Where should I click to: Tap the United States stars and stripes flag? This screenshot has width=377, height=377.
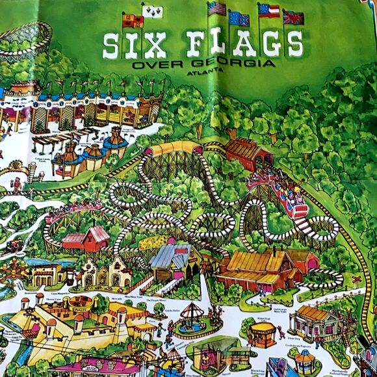[x=217, y=9]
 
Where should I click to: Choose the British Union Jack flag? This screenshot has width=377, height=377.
[x=293, y=17]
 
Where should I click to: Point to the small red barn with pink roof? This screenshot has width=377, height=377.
[x=85, y=239]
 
